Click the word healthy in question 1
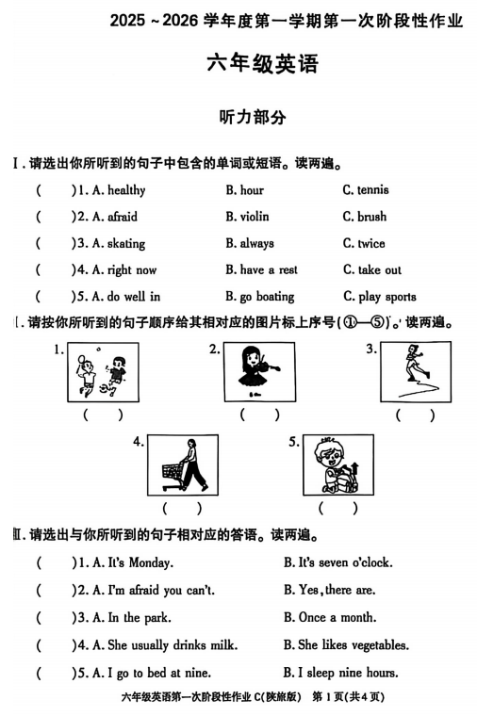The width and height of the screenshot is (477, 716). click(x=126, y=190)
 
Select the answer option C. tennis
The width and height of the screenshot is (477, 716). click(x=366, y=190)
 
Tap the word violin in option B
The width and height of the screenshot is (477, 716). click(x=255, y=217)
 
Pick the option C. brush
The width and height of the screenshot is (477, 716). click(x=365, y=217)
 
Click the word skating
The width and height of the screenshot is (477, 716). click(x=126, y=243)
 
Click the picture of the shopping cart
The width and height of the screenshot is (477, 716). click(x=182, y=464)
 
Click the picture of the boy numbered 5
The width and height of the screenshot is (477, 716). click(x=336, y=464)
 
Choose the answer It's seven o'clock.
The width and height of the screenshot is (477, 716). click(x=337, y=563)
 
